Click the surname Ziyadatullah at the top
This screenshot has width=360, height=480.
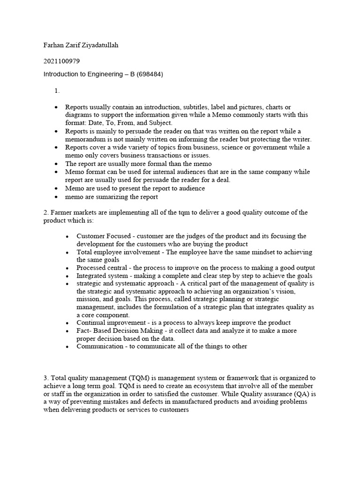(x=106, y=45)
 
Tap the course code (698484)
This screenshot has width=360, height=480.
(x=148, y=74)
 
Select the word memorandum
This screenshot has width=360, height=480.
(x=87, y=139)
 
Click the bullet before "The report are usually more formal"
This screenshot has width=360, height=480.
(x=56, y=164)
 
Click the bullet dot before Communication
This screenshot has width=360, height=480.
(x=68, y=347)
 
